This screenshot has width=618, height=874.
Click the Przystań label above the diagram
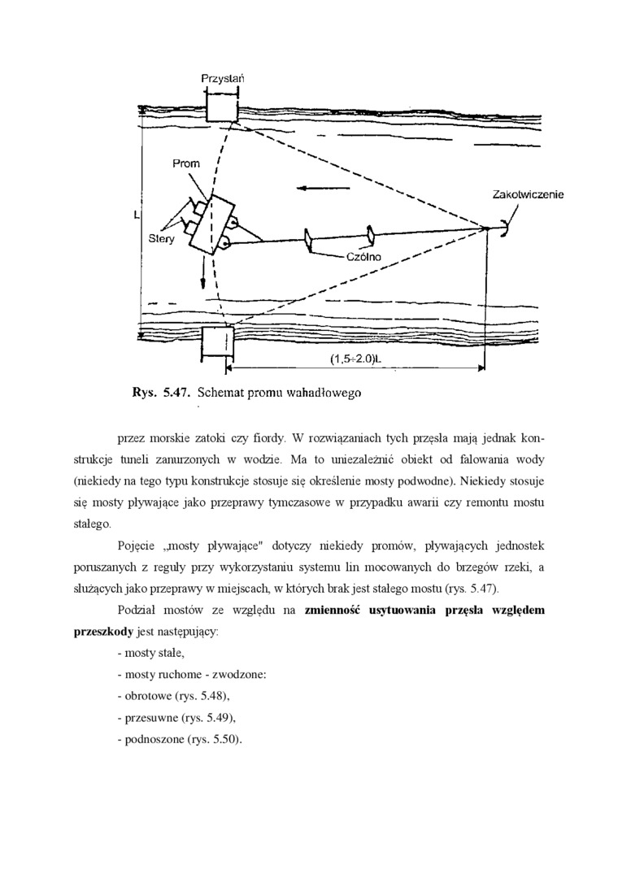223,79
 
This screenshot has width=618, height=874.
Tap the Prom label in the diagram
185,163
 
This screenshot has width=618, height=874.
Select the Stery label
161,239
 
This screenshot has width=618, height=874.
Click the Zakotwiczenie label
528,194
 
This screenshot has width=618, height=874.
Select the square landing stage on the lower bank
217,342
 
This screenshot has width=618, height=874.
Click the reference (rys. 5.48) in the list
202,697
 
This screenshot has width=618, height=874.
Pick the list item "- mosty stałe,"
151,653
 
